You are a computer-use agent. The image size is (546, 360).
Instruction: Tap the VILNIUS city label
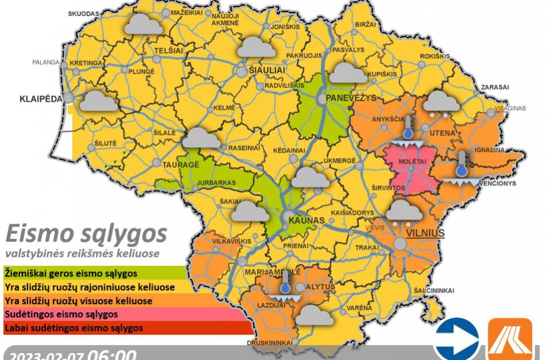click(426, 233)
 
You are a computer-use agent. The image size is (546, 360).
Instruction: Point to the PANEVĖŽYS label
click(351, 98)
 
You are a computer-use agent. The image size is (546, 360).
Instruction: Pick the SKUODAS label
click(83, 13)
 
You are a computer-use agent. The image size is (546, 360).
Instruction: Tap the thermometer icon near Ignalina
click(461, 166)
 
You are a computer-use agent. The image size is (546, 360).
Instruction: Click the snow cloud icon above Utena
click(441, 104)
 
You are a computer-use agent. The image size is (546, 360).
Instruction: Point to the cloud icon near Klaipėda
click(99, 102)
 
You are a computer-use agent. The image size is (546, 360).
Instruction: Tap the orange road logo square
click(509, 339)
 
